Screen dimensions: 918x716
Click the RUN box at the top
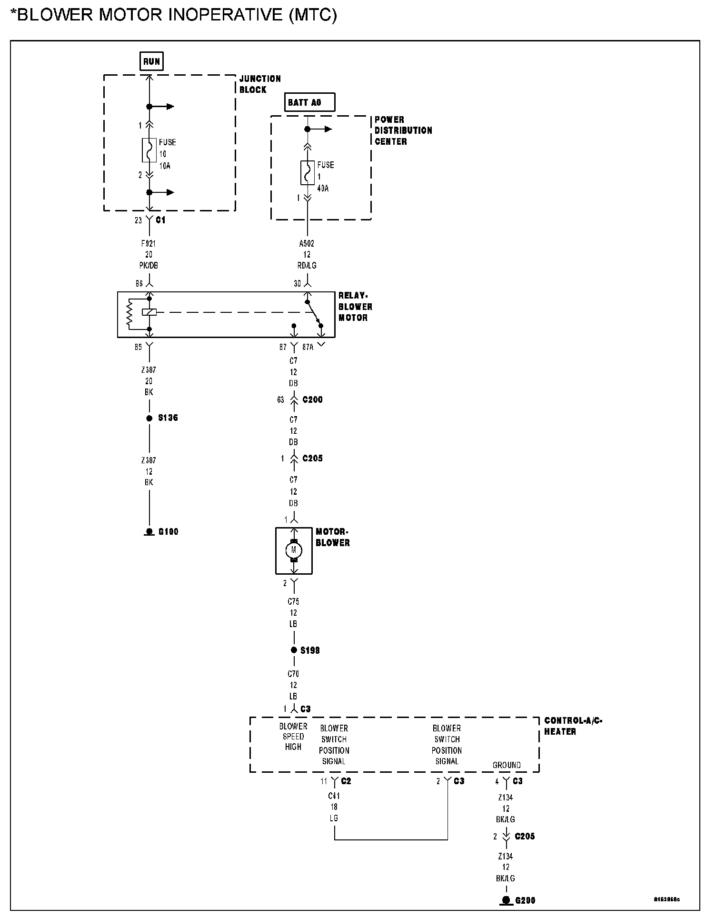click(x=151, y=61)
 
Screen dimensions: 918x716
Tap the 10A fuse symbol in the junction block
click(x=149, y=150)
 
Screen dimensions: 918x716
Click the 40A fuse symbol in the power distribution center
click(x=308, y=173)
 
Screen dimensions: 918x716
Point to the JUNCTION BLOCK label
click(x=259, y=84)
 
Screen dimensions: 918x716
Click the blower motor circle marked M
click(x=294, y=550)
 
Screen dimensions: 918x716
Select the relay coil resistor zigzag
click(x=129, y=314)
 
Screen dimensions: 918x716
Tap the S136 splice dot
click(x=149, y=419)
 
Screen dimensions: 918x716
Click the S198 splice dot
click(x=294, y=650)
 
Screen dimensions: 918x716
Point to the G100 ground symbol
click(x=149, y=531)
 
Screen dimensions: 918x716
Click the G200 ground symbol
click(x=506, y=900)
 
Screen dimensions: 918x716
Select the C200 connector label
click(x=312, y=400)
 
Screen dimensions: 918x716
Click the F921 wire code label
click(x=149, y=244)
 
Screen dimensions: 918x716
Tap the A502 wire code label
click(x=307, y=244)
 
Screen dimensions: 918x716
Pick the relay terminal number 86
click(x=139, y=284)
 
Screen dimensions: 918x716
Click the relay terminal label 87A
click(x=308, y=348)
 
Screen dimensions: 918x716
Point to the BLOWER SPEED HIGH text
click(x=293, y=737)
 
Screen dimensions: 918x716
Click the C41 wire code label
click(x=334, y=796)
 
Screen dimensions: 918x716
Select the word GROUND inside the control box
click(x=507, y=765)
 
